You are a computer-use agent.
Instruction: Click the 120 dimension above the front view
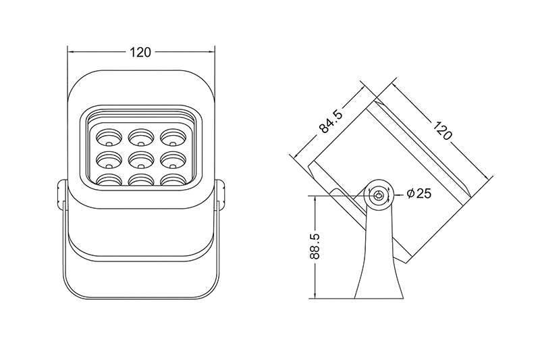click(x=140, y=52)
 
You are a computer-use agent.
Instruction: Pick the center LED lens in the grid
click(x=140, y=160)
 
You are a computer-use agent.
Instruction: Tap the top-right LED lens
click(x=173, y=138)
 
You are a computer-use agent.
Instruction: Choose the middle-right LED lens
click(x=173, y=160)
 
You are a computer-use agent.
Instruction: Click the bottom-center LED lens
click(x=140, y=180)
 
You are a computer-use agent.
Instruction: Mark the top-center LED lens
click(x=140, y=138)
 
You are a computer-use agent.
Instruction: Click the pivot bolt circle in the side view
click(x=379, y=196)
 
